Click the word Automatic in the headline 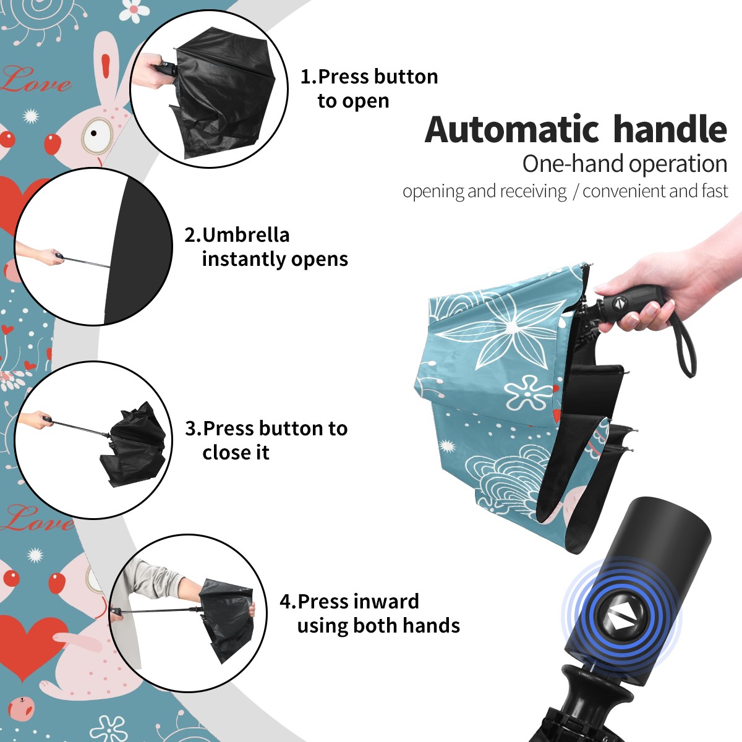[x=512, y=130]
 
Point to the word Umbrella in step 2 [x=245, y=235]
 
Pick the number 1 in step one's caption [x=305, y=77]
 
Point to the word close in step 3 [x=225, y=453]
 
